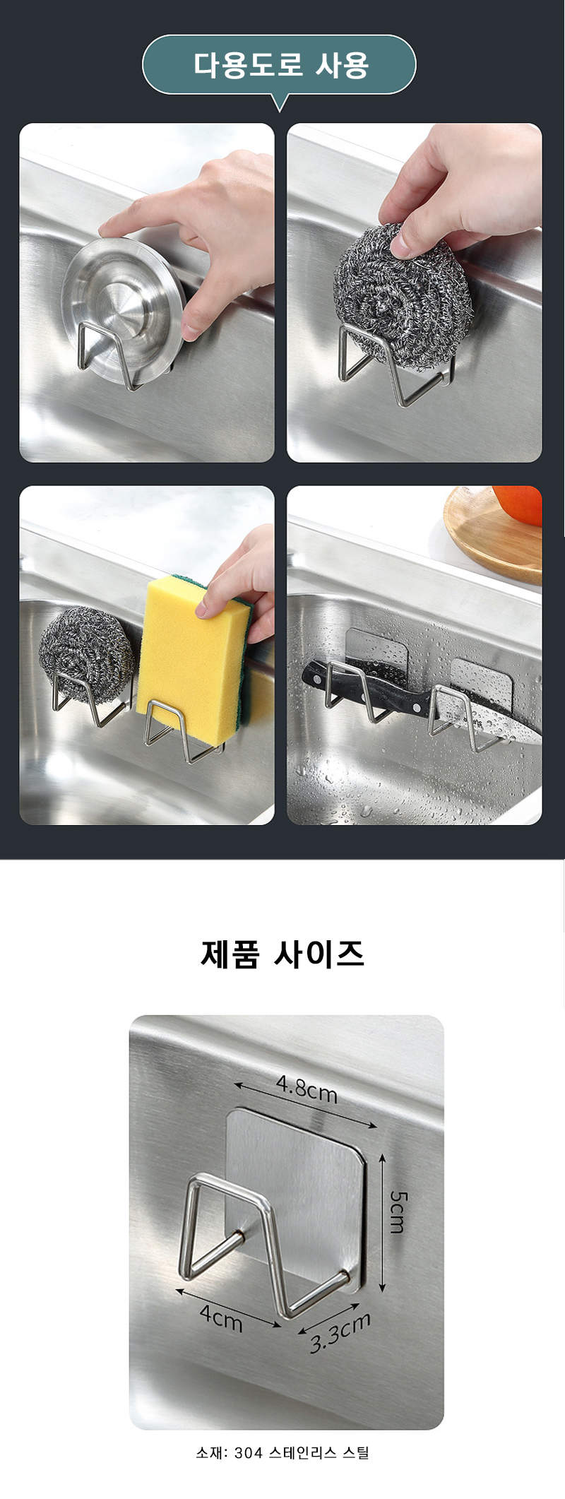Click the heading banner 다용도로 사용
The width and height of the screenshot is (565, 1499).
[280, 65]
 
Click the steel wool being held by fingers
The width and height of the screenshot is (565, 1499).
[402, 296]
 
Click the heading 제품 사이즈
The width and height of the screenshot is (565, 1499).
[282, 954]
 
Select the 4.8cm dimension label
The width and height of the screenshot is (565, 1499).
[307, 1089]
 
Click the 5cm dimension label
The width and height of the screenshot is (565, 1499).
[398, 1211]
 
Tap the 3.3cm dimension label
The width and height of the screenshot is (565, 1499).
[340, 1332]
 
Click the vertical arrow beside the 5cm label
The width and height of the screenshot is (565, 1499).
[382, 1223]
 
